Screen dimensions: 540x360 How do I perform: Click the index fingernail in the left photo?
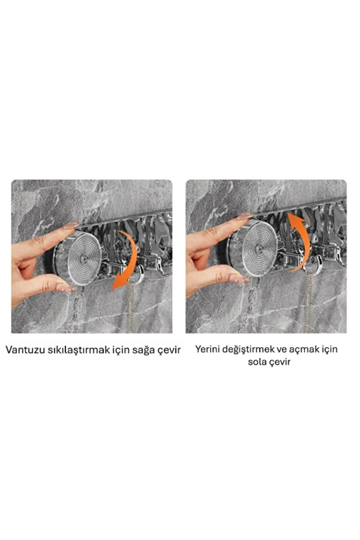tap(71, 226)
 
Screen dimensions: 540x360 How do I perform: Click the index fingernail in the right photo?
tap(244, 216)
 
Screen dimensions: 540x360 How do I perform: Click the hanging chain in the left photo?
tap(137, 307)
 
